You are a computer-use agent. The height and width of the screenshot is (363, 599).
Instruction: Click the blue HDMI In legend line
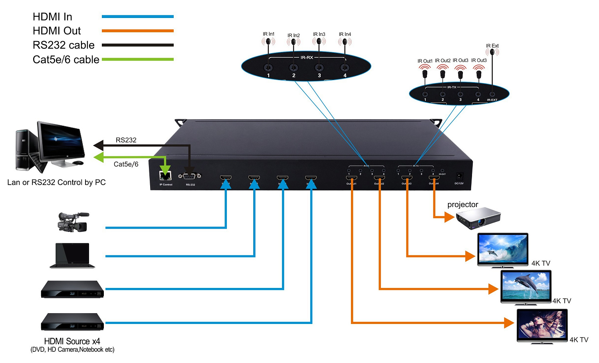(x=137, y=17)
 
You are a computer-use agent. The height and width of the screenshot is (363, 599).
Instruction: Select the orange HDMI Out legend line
(x=137, y=31)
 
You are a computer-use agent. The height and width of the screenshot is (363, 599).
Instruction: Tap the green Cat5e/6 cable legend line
(x=137, y=59)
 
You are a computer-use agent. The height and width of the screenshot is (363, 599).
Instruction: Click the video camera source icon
(x=73, y=222)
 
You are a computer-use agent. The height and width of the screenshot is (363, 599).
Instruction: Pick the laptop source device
(x=72, y=255)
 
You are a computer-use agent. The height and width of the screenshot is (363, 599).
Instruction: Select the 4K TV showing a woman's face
(x=542, y=326)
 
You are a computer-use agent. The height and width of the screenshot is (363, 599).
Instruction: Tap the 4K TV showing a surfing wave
(x=503, y=249)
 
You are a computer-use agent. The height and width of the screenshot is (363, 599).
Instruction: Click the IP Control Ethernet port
(x=165, y=176)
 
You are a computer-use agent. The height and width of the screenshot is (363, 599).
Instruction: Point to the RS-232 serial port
(x=190, y=176)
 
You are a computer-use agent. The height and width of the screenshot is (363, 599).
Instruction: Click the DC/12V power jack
(x=459, y=176)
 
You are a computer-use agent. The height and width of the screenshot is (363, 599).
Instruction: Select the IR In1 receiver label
(x=268, y=34)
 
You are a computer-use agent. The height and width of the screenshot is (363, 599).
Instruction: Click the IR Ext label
(x=492, y=46)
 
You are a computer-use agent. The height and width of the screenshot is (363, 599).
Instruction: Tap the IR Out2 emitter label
(x=442, y=61)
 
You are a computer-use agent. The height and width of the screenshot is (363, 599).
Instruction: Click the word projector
(x=463, y=205)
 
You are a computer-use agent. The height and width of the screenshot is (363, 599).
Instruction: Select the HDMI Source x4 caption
(x=72, y=341)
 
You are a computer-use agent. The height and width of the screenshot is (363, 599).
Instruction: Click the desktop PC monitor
(x=61, y=144)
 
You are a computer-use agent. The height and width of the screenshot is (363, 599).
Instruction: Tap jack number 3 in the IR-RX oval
(x=319, y=68)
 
